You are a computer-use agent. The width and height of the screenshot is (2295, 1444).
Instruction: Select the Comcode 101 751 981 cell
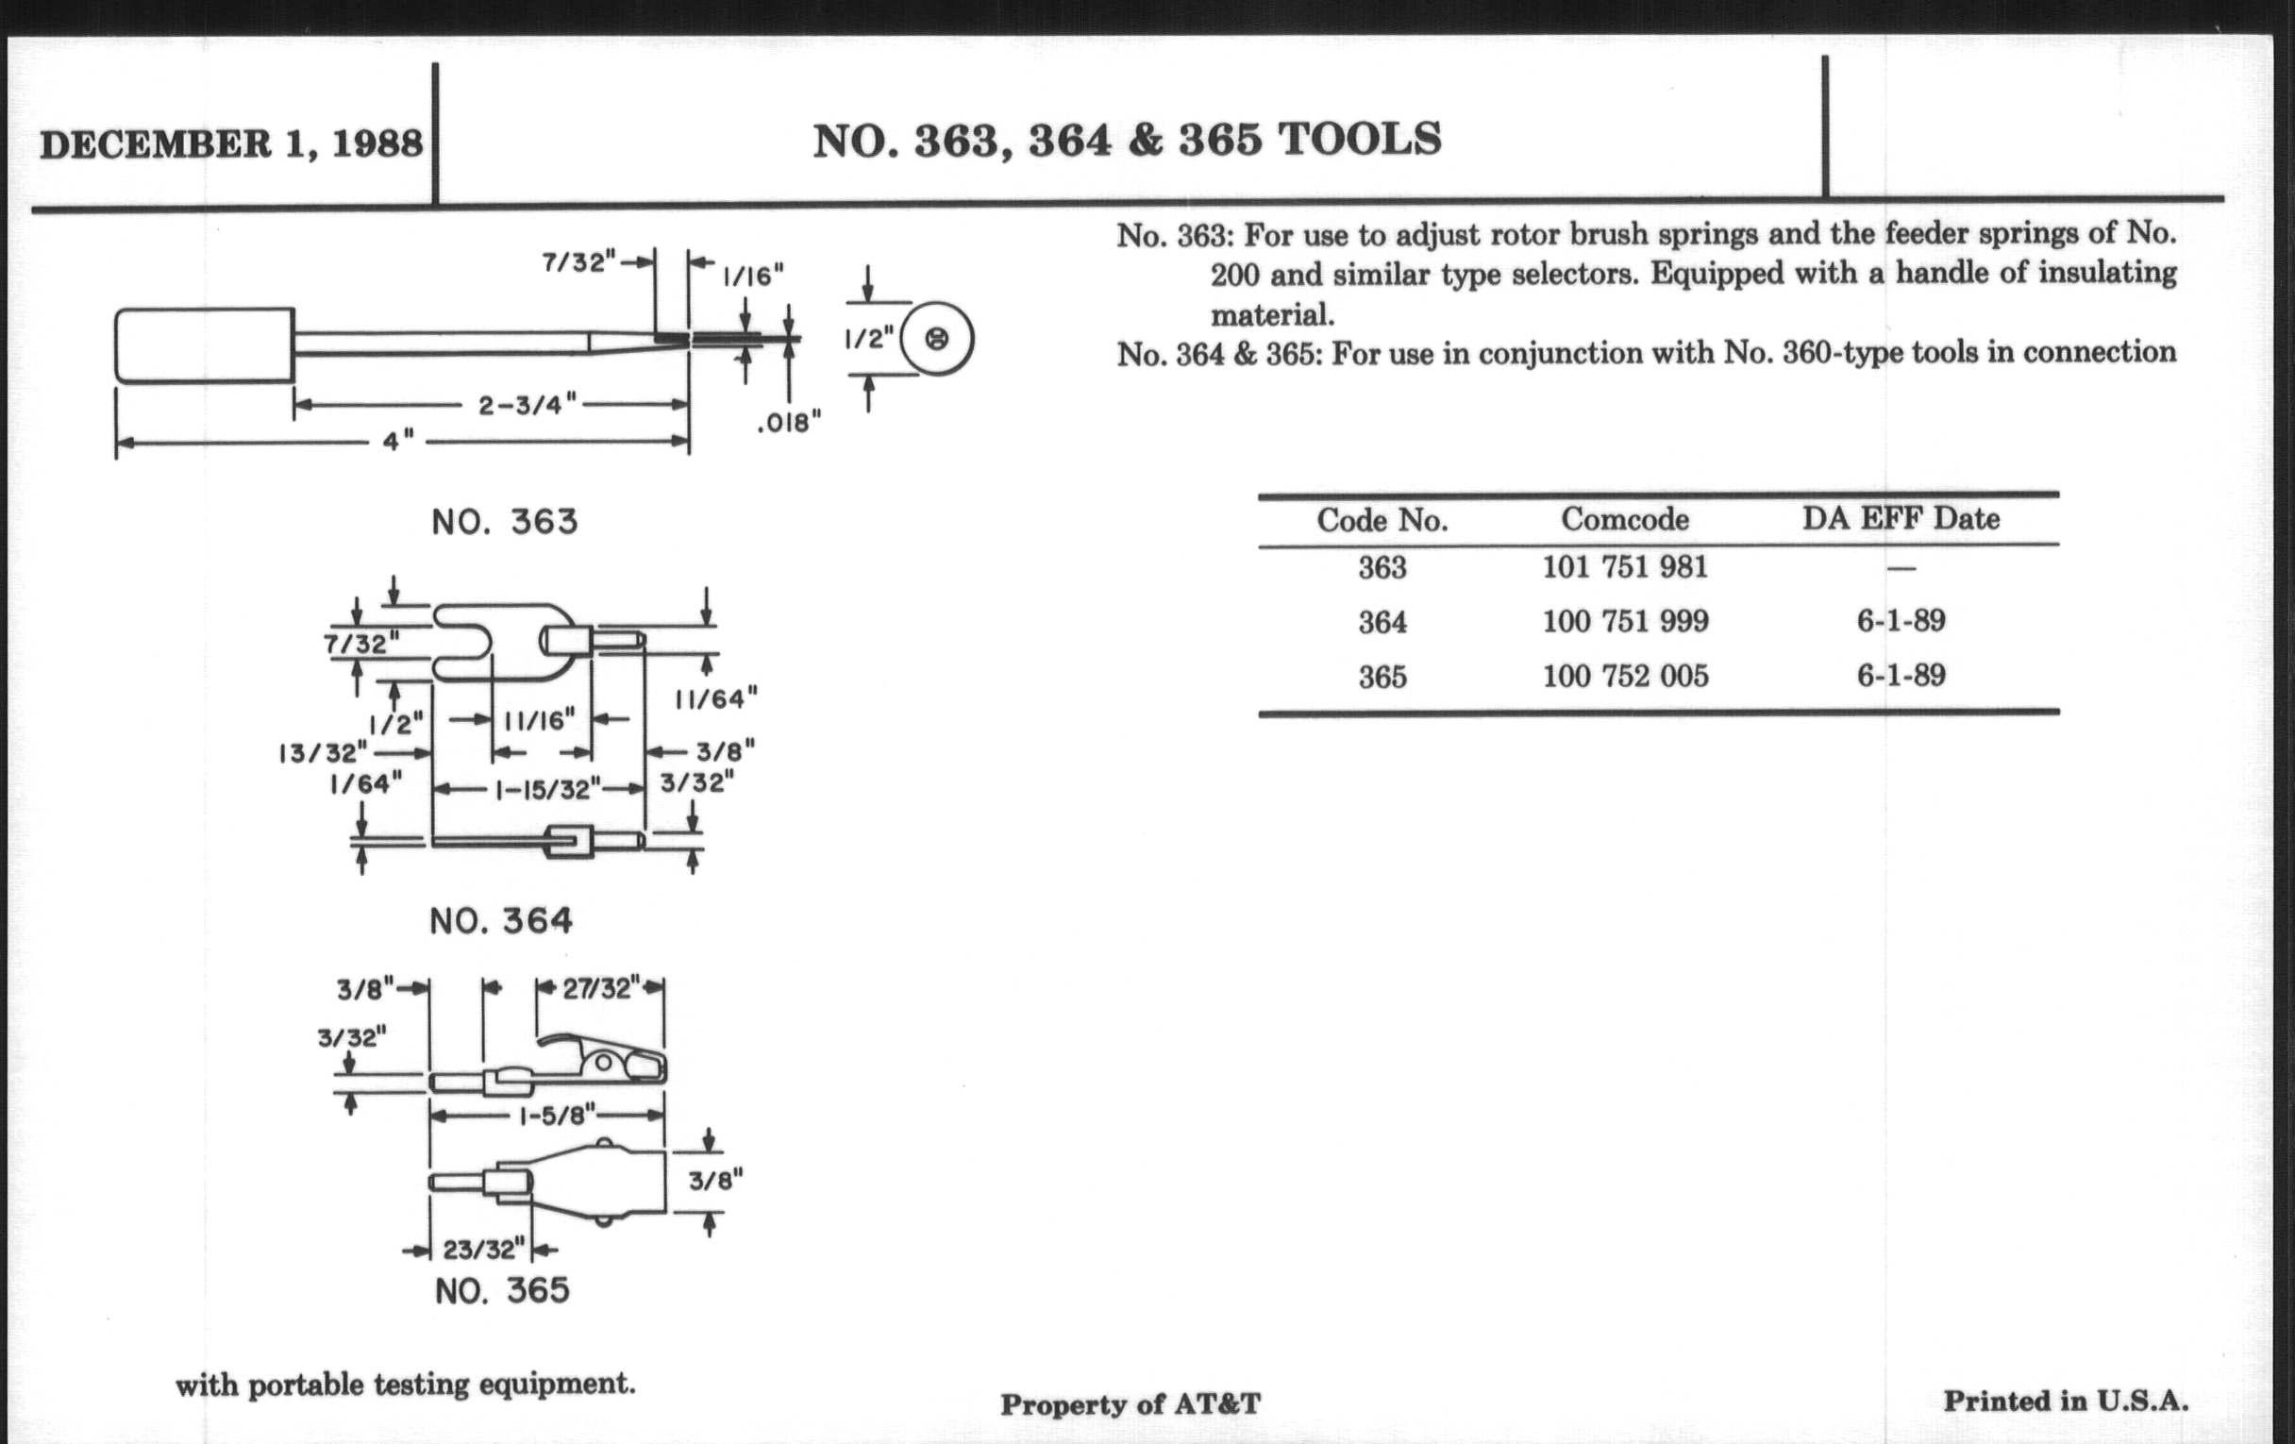pos(1625,567)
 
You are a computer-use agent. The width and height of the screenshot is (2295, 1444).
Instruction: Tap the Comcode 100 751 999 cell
pos(1625,621)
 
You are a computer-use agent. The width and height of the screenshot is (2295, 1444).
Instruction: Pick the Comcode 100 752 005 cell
pos(1625,676)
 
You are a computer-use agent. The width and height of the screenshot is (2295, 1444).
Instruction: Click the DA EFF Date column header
pos(1900,518)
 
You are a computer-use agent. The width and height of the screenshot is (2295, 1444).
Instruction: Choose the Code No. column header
pos(1382,520)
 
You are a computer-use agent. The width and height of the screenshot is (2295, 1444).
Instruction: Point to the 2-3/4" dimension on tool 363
pos(528,405)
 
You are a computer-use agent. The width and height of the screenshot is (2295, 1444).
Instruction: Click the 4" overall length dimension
pos(398,442)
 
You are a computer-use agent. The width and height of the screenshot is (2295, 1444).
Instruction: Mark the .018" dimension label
pos(788,422)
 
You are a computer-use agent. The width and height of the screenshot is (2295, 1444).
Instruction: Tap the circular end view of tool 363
pos(937,340)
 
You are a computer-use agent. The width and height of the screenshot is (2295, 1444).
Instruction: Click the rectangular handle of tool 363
pos(204,345)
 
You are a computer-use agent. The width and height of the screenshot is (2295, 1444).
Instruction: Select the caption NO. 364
pos(501,921)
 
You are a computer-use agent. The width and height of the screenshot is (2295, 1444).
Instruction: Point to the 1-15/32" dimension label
pos(547,789)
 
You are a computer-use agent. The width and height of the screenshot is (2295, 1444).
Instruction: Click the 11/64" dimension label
pos(715,698)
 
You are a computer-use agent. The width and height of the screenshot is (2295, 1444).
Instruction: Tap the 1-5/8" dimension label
pos(557,1115)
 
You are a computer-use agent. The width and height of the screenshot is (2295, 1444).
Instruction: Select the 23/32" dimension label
pos(484,1249)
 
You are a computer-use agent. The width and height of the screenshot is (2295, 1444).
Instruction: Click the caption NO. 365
pos(502,1290)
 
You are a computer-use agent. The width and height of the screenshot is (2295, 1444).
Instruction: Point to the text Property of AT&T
pos(1130,1404)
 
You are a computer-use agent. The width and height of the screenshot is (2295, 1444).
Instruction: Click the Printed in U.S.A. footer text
pos(2066,1401)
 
